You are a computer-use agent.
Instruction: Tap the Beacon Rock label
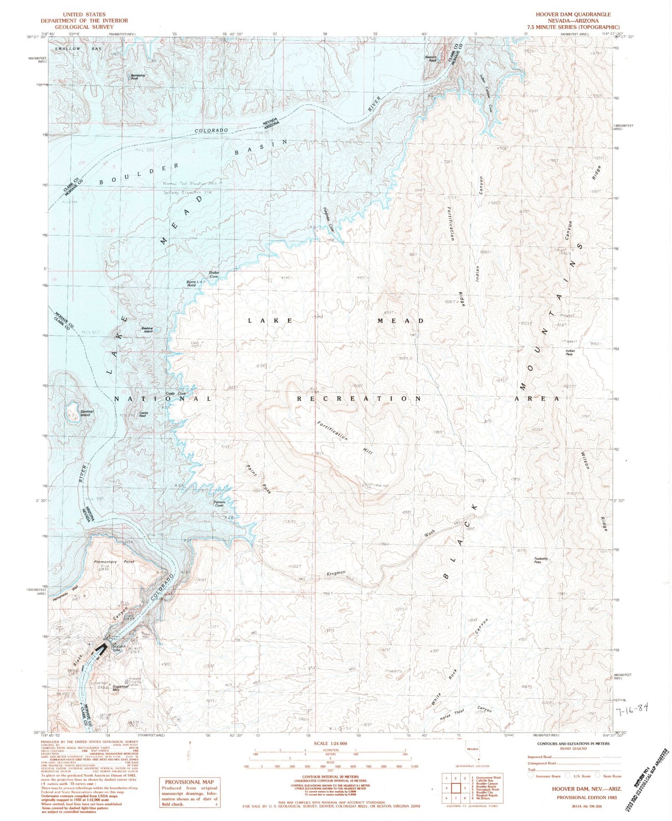432,58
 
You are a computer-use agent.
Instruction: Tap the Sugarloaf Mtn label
117,689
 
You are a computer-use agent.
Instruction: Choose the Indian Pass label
570,352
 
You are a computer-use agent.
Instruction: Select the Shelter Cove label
213,274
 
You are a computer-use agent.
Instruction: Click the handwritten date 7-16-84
631,709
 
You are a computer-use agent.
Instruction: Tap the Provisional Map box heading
189,782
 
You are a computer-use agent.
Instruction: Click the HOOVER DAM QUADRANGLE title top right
573,14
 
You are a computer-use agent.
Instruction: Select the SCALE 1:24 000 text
331,743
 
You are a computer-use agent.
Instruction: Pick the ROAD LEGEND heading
574,748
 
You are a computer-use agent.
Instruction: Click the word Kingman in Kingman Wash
335,573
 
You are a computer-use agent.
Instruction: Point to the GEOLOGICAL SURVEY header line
84,27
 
